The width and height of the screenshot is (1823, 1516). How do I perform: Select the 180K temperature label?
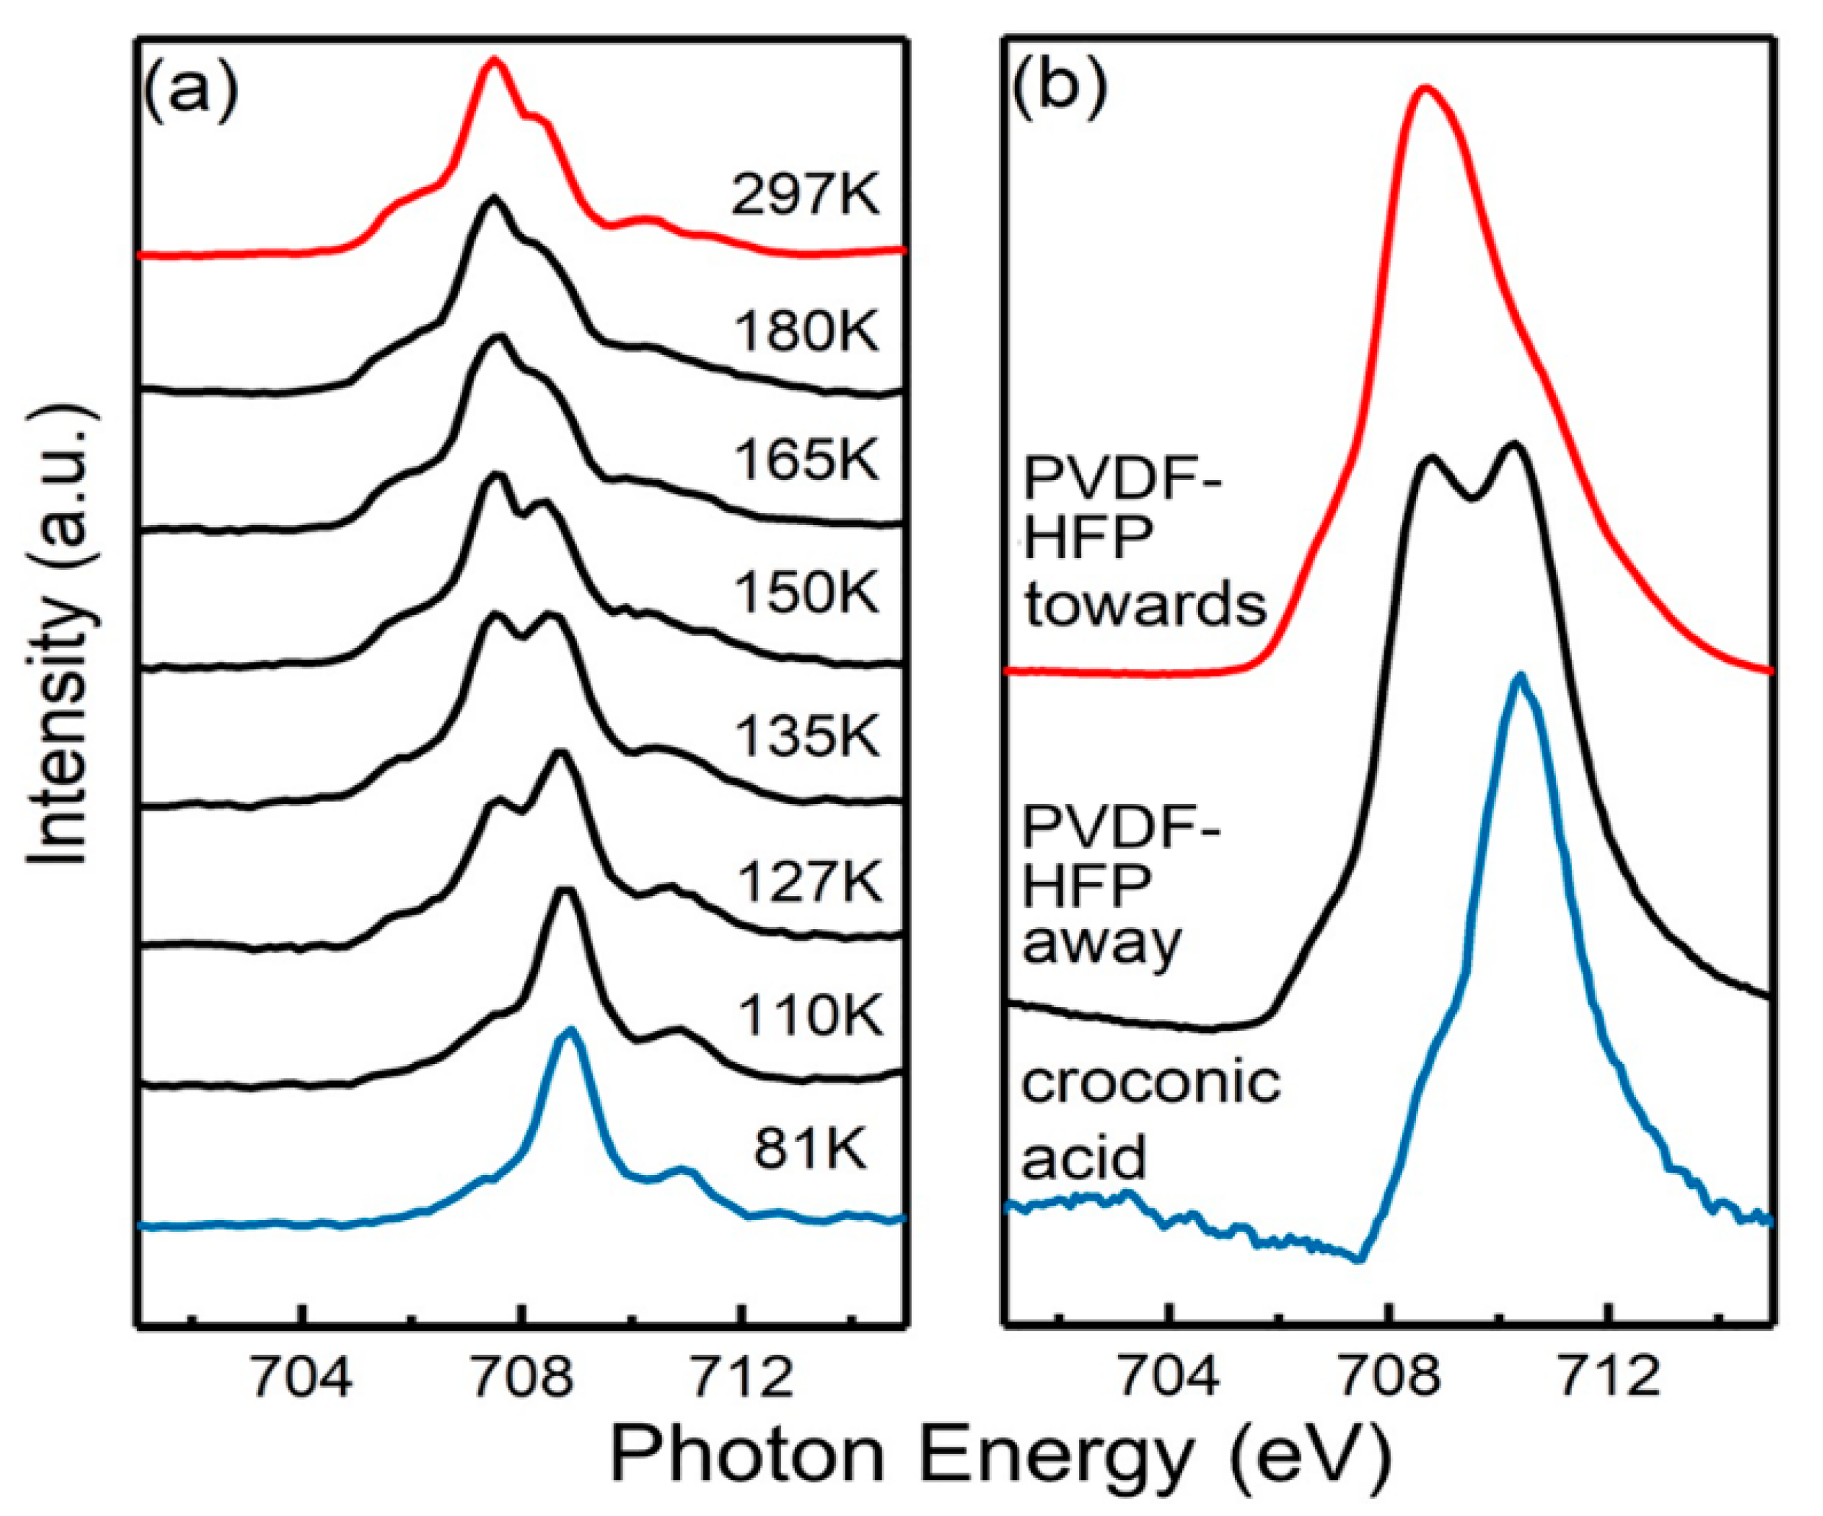click(x=807, y=333)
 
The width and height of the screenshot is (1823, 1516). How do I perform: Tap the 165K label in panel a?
click(x=807, y=460)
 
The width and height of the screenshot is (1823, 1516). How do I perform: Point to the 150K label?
click(x=807, y=594)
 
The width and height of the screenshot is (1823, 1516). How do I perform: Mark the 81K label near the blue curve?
click(x=810, y=1151)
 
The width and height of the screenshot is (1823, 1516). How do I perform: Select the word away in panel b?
click(x=1101, y=943)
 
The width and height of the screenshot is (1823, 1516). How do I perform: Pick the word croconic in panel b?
click(x=1150, y=1083)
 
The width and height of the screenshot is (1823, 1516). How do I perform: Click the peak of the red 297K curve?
click(x=495, y=61)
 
